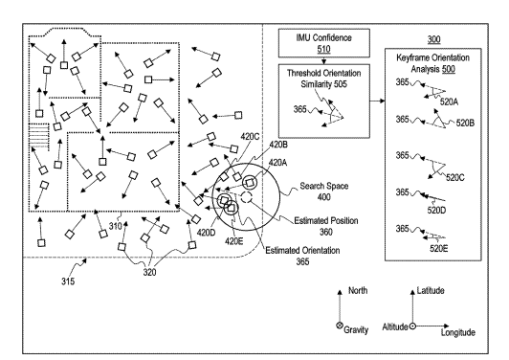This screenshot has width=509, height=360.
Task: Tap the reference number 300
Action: [x=434, y=39]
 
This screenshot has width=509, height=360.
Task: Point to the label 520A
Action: [x=449, y=102]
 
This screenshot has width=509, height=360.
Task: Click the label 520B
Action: [x=465, y=123]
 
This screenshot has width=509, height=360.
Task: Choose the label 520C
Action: [x=455, y=177]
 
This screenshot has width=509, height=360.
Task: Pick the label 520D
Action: [x=436, y=211]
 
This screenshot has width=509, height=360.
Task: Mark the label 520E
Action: [x=439, y=249]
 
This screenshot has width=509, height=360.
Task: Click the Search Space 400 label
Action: [x=324, y=191]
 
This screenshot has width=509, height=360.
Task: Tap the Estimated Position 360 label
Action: [x=326, y=226]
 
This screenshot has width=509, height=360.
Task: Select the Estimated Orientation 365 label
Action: [x=302, y=256]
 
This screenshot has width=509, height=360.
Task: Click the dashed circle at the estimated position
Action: [x=246, y=197]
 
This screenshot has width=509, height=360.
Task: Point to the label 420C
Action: [x=250, y=137]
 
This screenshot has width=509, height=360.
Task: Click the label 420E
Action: [x=234, y=241]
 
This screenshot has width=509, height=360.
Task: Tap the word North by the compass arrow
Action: [x=358, y=290]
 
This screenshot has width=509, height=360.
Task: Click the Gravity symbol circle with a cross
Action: [x=340, y=326]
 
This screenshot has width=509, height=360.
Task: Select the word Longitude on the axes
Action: [x=458, y=332]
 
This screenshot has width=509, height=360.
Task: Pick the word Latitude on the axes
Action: [x=431, y=290]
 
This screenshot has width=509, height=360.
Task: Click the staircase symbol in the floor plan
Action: [x=38, y=136]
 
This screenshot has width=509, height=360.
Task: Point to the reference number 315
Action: [x=68, y=281]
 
